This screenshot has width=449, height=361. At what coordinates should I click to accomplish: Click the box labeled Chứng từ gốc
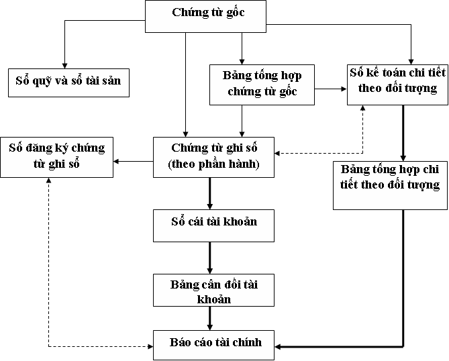pos(206,15)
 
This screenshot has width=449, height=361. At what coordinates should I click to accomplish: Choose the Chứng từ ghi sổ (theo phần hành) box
pos(214,156)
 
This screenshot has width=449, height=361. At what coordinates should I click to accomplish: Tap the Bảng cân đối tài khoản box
pos(214,291)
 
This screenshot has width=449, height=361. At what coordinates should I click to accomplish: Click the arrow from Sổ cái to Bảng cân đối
pos(209,257)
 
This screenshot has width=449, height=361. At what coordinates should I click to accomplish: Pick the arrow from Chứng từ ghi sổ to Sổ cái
pos(209,193)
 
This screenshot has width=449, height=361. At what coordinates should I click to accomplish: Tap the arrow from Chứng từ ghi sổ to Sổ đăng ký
pos(134,161)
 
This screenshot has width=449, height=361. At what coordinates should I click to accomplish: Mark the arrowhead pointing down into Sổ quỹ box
pos(64,62)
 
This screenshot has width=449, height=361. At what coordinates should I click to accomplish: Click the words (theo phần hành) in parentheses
pos(213,164)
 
